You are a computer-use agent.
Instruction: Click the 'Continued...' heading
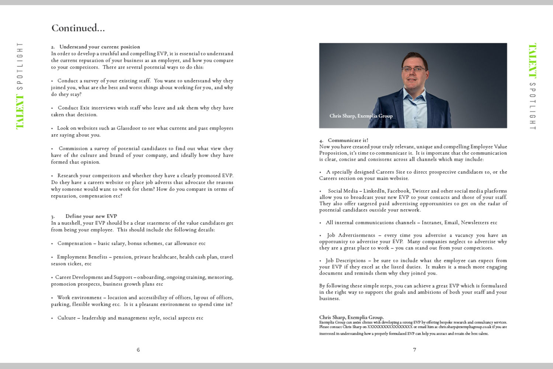[x=78, y=28]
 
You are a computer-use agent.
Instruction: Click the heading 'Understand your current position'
[x=100, y=47]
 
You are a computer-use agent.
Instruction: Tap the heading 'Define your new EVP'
[x=91, y=216]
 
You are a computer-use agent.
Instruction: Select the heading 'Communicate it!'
[x=348, y=140]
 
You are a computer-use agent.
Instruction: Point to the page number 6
[x=138, y=350]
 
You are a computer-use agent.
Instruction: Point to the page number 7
[x=414, y=350]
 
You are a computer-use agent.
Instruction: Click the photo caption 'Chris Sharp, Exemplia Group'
[x=361, y=116]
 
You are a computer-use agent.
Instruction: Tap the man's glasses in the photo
[x=414, y=69]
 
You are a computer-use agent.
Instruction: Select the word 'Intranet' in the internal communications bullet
[x=431, y=223]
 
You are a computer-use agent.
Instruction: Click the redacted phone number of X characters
[x=390, y=327]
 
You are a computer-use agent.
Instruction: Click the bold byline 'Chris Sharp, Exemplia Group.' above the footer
[x=351, y=317]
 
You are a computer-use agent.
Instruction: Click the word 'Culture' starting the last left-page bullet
[x=66, y=318]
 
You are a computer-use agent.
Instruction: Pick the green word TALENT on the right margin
[x=532, y=61]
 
